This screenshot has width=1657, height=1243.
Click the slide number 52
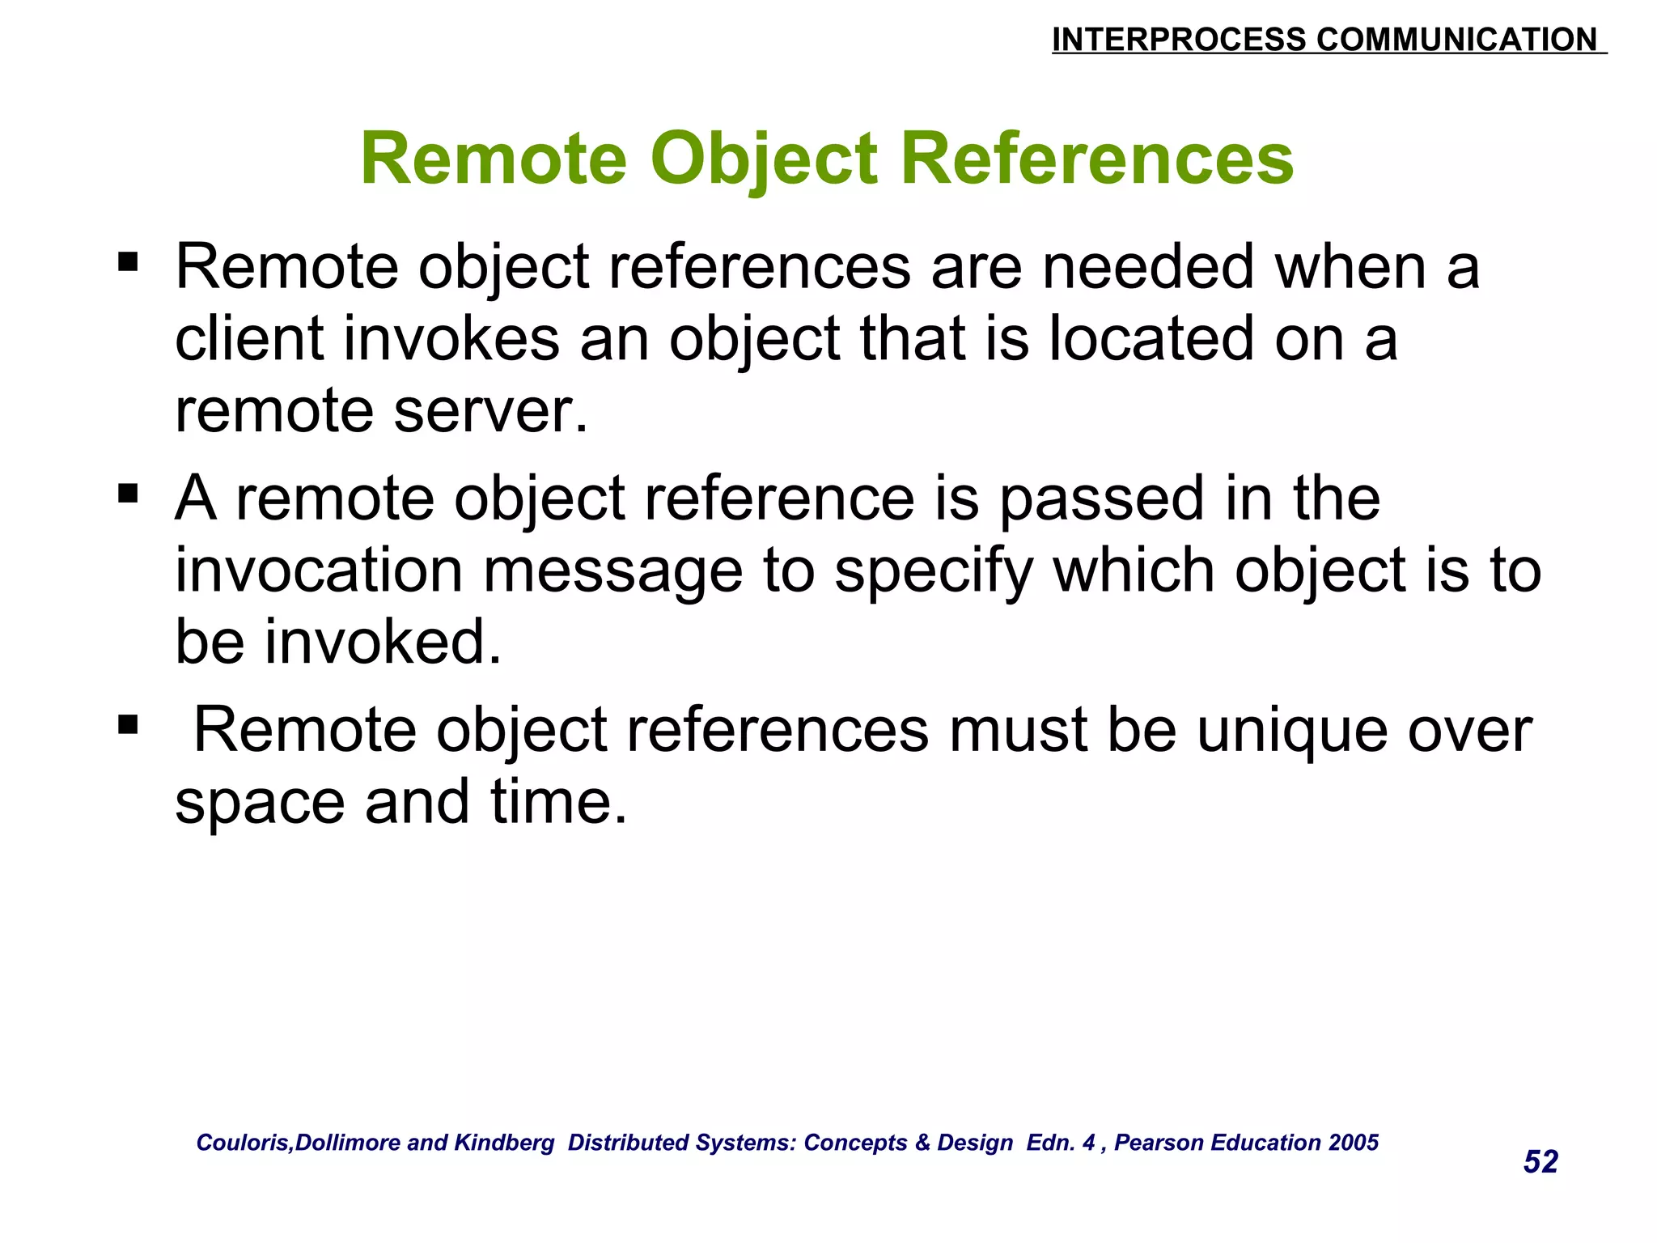(x=1540, y=1162)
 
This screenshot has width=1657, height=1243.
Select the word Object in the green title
(x=763, y=159)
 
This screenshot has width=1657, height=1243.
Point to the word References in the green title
(x=1096, y=159)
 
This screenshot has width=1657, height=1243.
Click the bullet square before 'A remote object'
(x=128, y=493)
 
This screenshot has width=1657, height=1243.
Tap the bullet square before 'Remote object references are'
(x=128, y=261)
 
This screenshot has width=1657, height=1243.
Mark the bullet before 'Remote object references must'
(x=128, y=723)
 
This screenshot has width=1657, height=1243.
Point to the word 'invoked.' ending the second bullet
(x=384, y=642)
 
